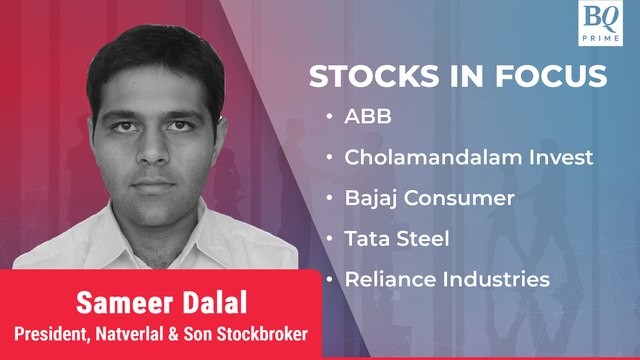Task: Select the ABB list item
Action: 367,117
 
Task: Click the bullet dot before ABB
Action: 330,118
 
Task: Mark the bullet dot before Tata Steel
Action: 330,239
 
